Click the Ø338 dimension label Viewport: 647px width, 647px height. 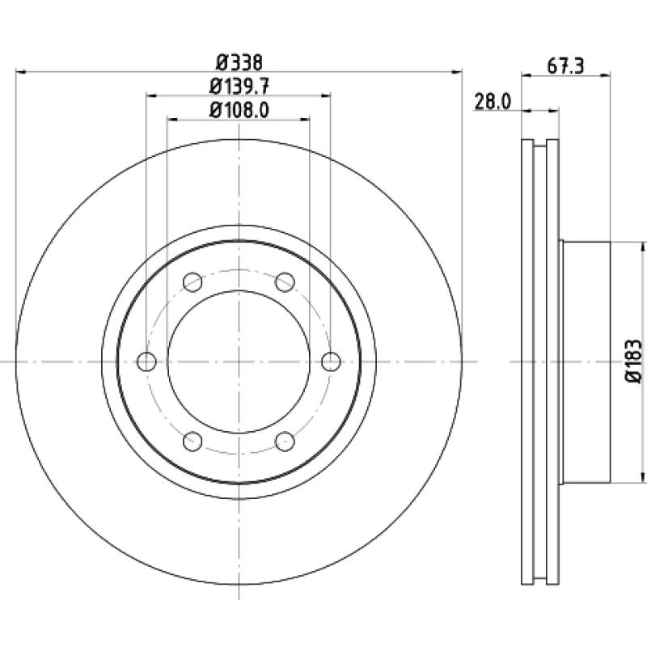click(x=239, y=63)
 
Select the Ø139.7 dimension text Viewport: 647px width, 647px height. click(x=239, y=87)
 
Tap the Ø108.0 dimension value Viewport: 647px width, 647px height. click(x=239, y=110)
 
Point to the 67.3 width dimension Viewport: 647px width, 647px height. click(x=565, y=66)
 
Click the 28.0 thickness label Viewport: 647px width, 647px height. click(x=493, y=102)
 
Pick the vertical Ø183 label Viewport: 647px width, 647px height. click(x=634, y=362)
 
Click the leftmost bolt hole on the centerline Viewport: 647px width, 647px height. click(x=147, y=362)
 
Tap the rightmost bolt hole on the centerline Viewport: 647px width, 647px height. click(x=331, y=362)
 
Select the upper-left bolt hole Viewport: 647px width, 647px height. click(x=192, y=282)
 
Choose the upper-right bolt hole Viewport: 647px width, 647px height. click(x=285, y=282)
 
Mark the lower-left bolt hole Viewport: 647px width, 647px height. click(x=192, y=442)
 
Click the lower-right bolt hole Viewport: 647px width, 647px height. click(x=285, y=442)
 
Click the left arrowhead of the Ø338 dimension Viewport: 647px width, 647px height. click(x=21, y=72)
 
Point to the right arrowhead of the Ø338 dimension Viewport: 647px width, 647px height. click(x=457, y=72)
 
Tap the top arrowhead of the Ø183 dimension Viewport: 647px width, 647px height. click(x=642, y=247)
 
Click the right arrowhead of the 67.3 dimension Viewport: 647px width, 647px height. click(x=605, y=74)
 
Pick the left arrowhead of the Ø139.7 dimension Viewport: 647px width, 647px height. click(x=152, y=95)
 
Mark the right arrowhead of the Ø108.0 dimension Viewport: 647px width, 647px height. click(x=305, y=120)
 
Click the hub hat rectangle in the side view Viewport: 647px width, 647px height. click(x=586, y=362)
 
